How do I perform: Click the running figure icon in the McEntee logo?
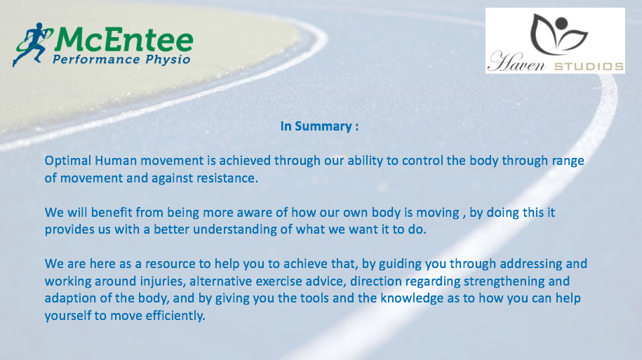coord(32,44)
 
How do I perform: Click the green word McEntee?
coord(123,40)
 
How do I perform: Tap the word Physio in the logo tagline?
coord(168,60)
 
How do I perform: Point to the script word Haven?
coord(516,62)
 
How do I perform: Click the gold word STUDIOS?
coord(589,67)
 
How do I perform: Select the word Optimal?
coord(68,161)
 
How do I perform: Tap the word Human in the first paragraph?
coord(116,160)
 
